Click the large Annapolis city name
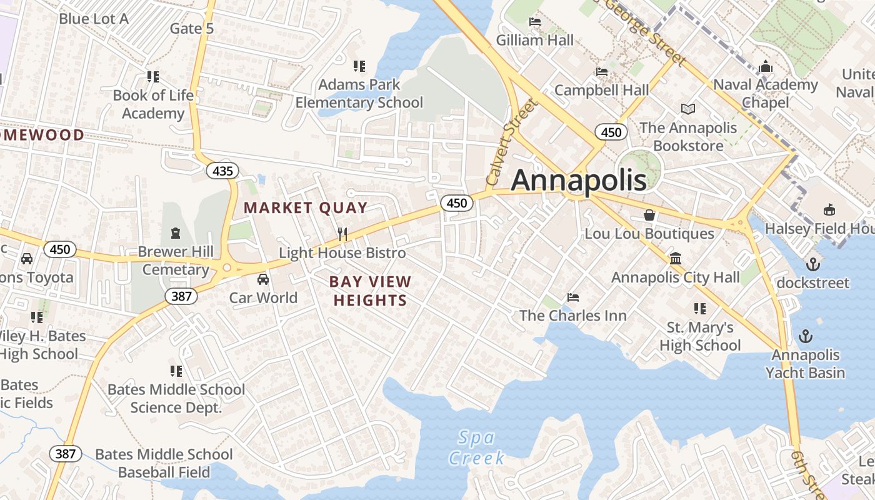[579, 180]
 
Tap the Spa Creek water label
[476, 447]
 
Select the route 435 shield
[222, 171]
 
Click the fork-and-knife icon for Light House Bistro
[342, 234]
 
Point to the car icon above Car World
[263, 279]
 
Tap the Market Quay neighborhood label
[306, 208]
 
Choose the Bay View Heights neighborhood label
[370, 291]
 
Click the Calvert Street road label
[512, 142]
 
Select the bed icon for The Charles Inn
[573, 297]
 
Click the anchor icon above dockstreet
[813, 264]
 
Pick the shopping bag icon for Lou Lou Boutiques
[649, 215]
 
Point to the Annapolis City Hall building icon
[676, 259]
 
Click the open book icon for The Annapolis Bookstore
[688, 109]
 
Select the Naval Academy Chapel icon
[766, 66]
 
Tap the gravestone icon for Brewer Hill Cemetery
[176, 233]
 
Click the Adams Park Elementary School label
[359, 94]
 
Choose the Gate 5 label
[192, 28]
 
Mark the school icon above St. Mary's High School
[700, 309]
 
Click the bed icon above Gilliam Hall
[535, 22]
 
